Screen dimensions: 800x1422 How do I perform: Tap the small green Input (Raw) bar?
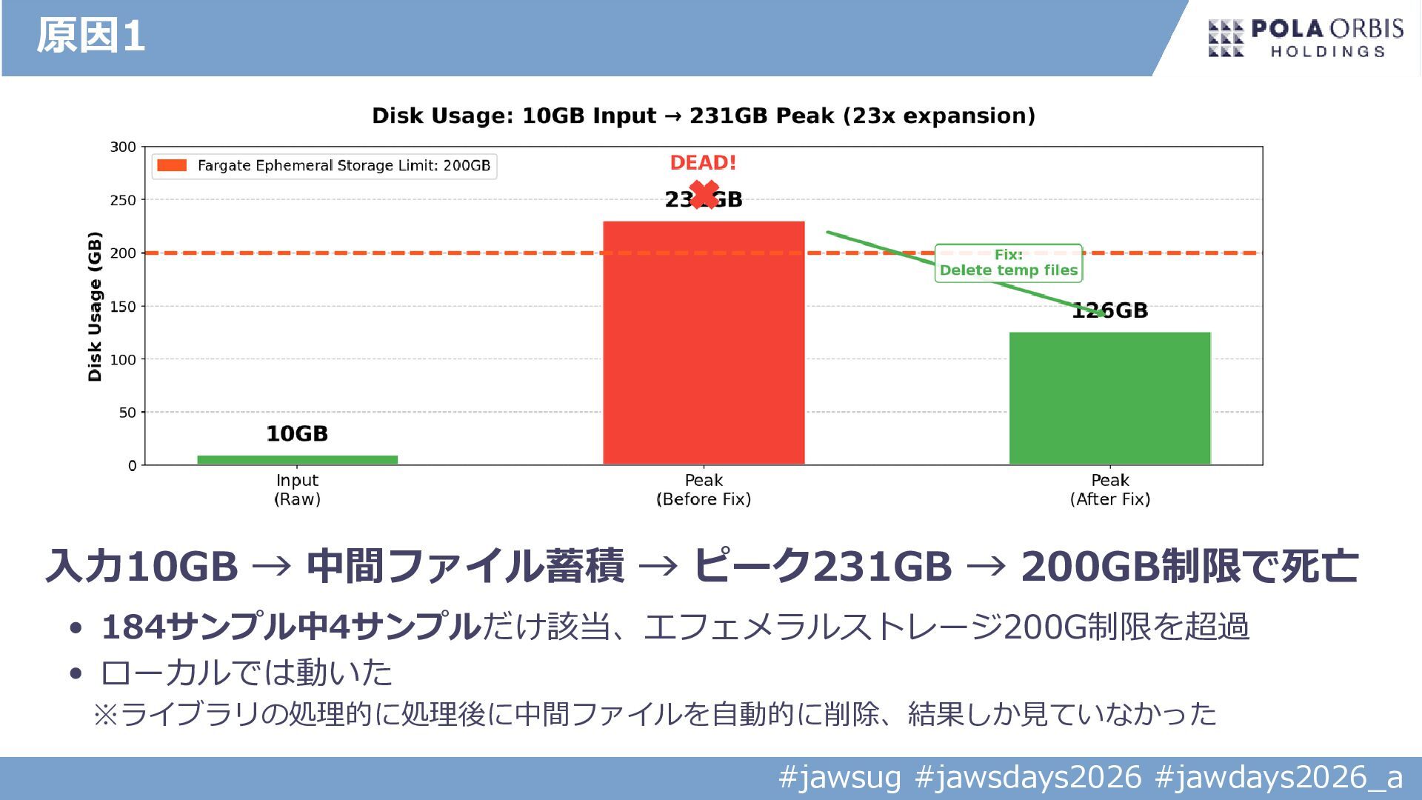[x=297, y=460]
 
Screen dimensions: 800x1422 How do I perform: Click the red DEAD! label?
[x=703, y=163]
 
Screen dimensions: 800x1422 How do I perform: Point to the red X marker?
[x=704, y=195]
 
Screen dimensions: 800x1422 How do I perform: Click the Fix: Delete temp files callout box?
[x=1008, y=263]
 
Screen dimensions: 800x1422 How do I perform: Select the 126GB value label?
[x=1109, y=310]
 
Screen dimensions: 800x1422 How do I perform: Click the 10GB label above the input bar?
[x=297, y=433]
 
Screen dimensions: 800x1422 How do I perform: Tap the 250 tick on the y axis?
[x=123, y=200]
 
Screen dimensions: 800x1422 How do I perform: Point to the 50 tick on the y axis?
[x=127, y=413]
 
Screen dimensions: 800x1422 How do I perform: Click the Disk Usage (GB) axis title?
[x=95, y=307]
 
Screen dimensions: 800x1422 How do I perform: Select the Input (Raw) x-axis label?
[x=297, y=490]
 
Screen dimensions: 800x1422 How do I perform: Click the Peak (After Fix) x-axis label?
[x=1109, y=490]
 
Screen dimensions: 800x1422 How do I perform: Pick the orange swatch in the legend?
[x=172, y=165]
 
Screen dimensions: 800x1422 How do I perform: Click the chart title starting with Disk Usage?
[x=703, y=116]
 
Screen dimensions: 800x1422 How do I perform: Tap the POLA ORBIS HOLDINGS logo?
[x=1306, y=39]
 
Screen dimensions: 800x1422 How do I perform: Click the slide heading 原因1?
[x=90, y=36]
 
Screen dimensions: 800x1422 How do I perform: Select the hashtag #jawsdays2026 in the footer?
[x=1028, y=778]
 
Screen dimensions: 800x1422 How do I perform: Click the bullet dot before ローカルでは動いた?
[x=76, y=673]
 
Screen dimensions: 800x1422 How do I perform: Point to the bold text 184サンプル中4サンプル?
[x=291, y=627]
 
